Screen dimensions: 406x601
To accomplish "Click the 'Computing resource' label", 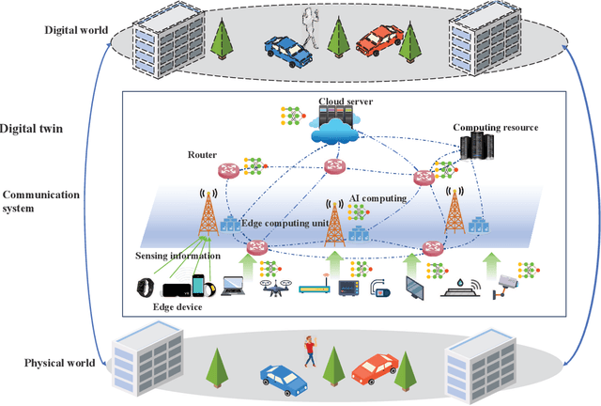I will (496, 128).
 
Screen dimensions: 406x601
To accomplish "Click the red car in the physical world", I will (375, 369).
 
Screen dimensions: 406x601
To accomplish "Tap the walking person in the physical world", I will (309, 351).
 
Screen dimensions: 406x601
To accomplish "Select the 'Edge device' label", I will (177, 306).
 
